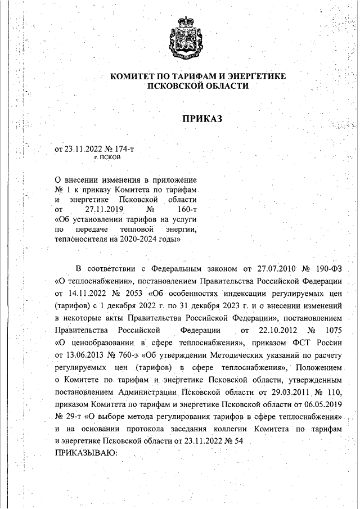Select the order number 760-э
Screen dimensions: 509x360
(129, 355)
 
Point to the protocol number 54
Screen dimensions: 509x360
(237, 441)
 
